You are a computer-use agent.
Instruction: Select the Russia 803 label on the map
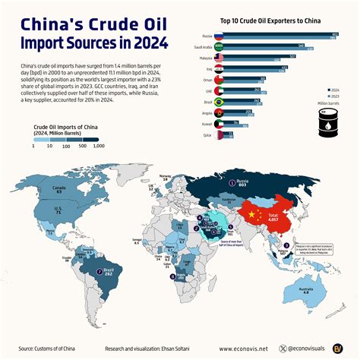(x=243, y=183)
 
